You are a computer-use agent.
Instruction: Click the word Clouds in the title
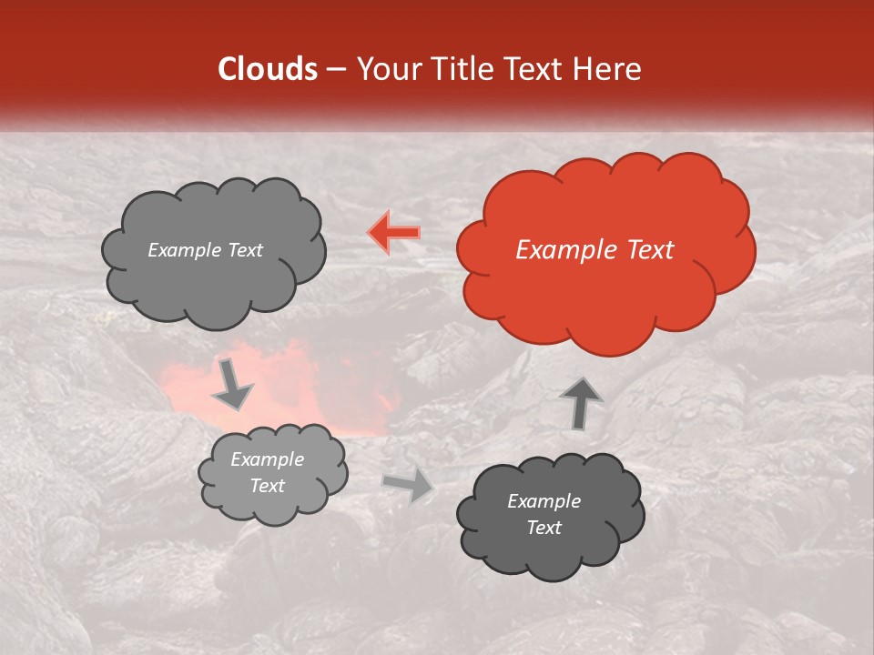click(268, 69)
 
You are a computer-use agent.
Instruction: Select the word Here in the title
click(607, 69)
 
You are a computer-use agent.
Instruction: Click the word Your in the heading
click(386, 69)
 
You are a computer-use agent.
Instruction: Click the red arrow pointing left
click(393, 232)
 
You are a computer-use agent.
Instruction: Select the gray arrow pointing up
click(580, 403)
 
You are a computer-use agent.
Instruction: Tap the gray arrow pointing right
click(408, 485)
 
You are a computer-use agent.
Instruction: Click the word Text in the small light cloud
click(267, 486)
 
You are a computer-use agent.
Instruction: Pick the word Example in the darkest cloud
click(544, 501)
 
